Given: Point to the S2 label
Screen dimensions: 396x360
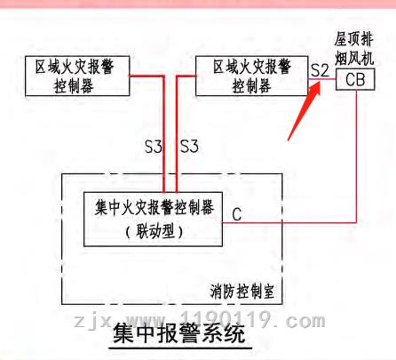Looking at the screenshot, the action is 320,70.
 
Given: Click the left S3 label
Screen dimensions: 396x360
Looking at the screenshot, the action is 154,147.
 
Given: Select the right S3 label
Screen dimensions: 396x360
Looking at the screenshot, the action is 189,147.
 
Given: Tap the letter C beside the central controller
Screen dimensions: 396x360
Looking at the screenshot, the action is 237,214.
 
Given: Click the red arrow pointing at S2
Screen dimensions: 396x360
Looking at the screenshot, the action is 305,111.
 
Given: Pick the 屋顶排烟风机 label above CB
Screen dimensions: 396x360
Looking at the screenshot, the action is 354,48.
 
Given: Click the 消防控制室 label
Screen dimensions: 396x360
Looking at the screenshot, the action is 242,292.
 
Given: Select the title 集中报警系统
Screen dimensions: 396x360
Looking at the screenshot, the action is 179,333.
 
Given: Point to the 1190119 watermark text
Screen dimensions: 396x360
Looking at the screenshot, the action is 226,320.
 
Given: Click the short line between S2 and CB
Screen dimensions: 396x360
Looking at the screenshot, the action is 322,79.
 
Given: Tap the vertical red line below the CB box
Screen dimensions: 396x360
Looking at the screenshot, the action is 356,156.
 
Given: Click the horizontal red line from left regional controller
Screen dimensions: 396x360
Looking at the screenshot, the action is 147,76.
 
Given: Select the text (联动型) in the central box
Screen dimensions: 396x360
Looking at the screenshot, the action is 154,231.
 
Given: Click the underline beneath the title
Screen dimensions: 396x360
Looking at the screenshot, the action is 180,348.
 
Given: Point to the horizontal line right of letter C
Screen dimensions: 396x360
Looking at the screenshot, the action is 289,222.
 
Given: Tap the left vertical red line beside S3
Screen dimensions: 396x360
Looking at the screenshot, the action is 163,134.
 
